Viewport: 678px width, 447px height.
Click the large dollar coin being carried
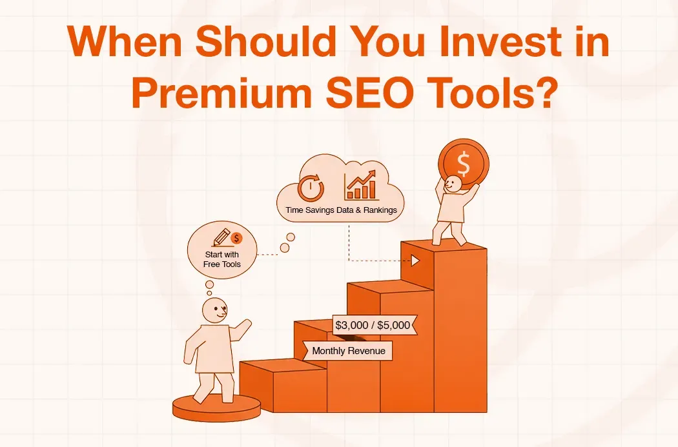(x=463, y=163)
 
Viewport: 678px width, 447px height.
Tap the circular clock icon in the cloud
(x=311, y=188)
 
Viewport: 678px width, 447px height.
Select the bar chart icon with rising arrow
(x=361, y=185)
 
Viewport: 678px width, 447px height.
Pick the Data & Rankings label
(x=367, y=210)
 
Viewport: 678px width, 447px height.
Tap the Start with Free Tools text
(x=222, y=259)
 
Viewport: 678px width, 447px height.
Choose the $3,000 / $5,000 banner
(x=373, y=325)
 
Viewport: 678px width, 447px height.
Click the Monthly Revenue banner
(x=348, y=351)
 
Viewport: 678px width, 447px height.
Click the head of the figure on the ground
(x=214, y=311)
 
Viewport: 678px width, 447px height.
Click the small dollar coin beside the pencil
(x=236, y=238)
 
